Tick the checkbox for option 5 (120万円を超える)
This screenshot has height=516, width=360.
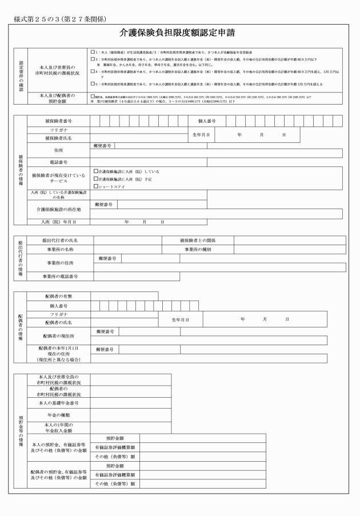[93, 84]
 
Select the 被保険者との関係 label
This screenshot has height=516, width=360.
[198, 241]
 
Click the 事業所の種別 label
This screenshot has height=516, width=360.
[198, 249]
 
